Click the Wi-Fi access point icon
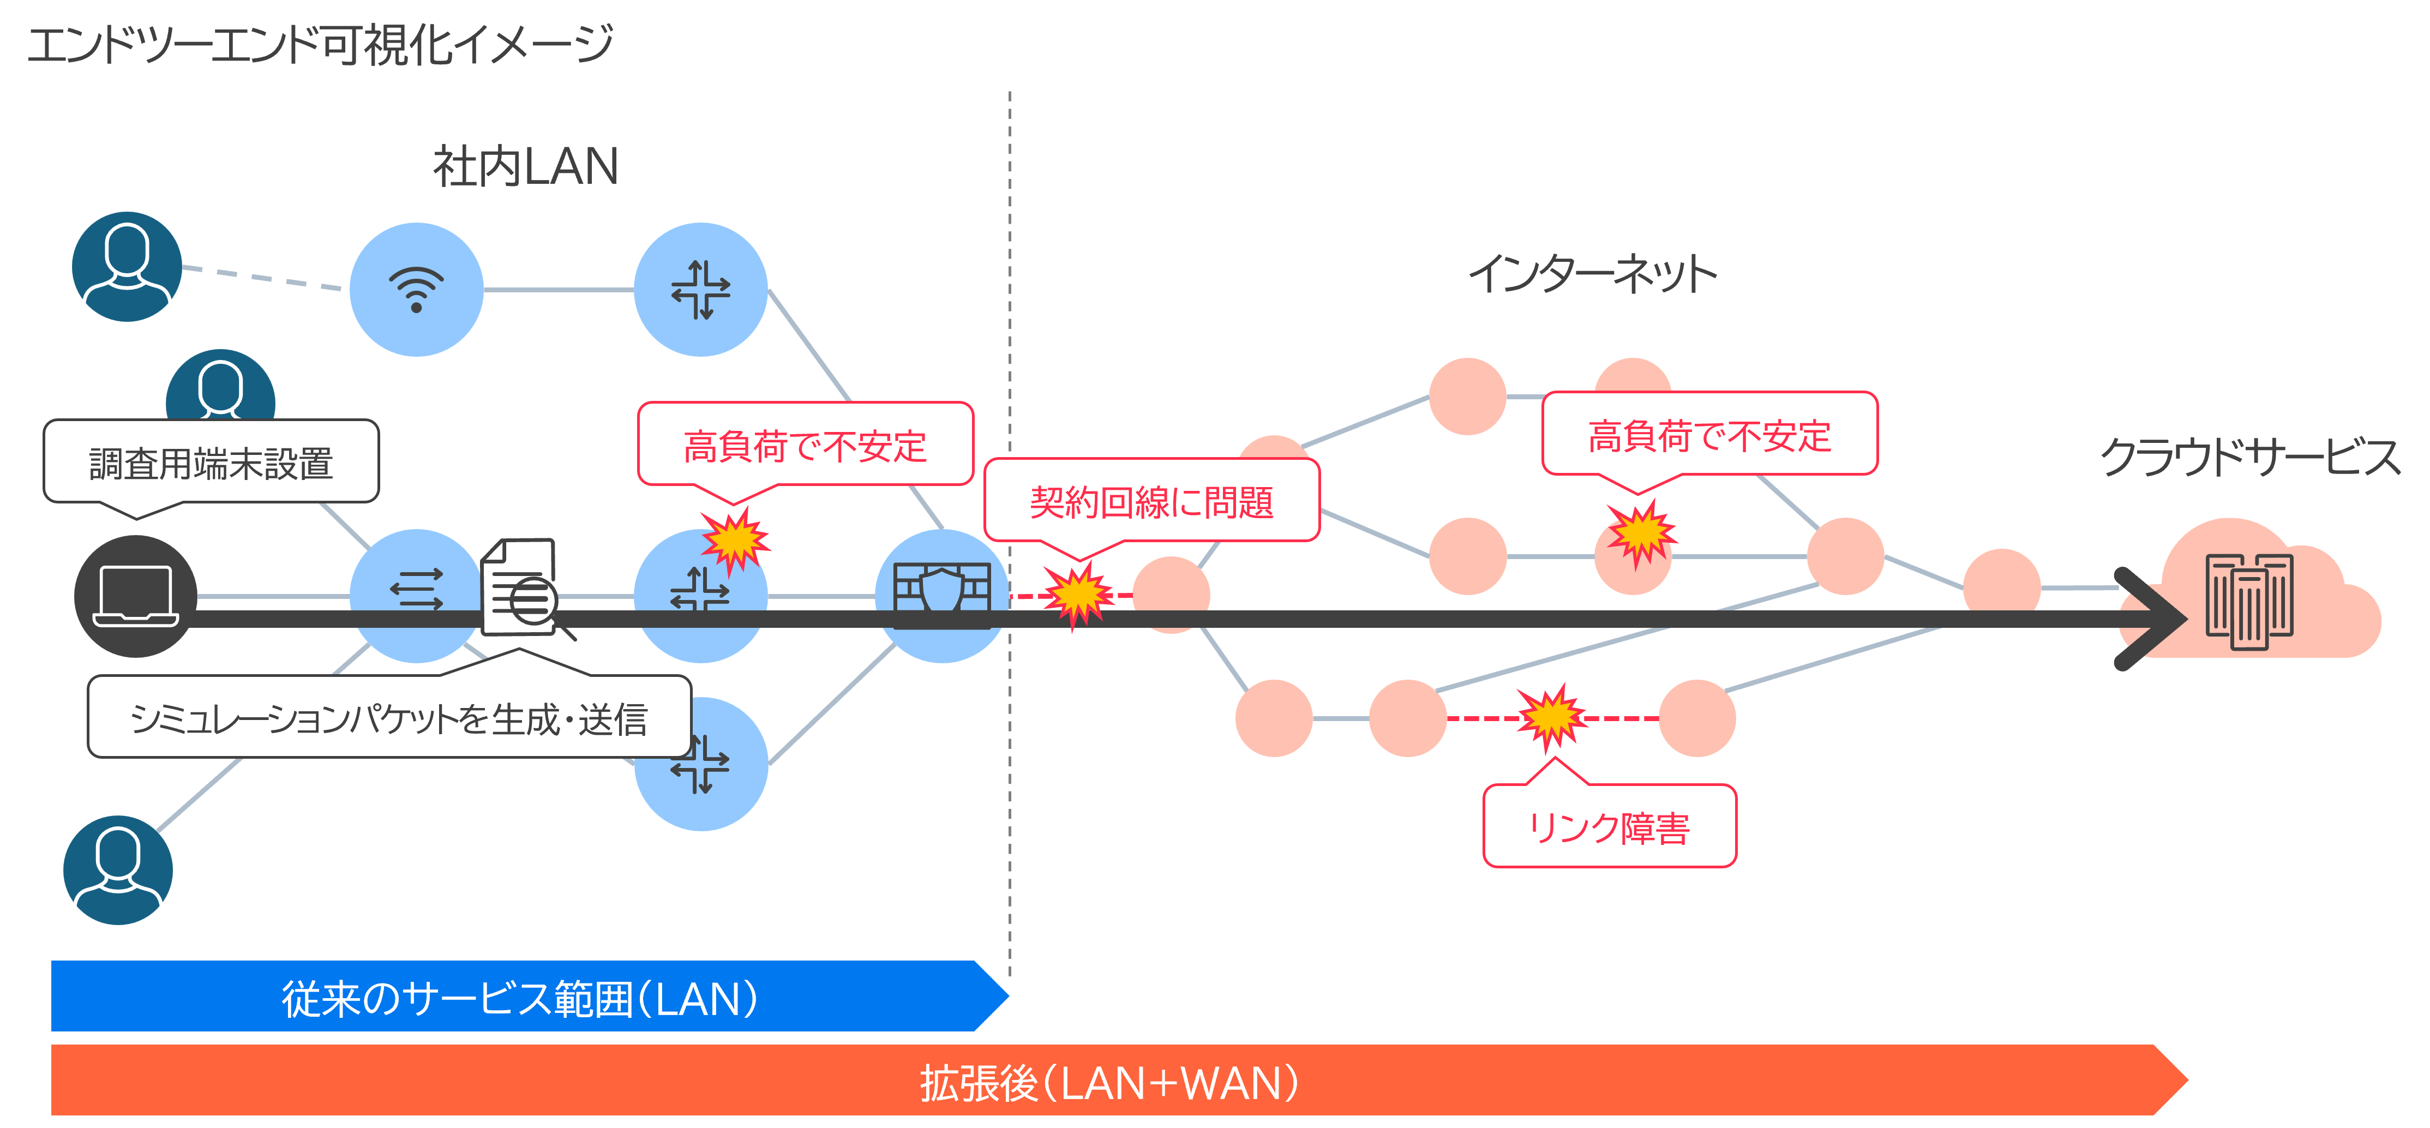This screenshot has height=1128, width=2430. click(x=416, y=290)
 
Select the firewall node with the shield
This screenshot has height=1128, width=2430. click(x=941, y=594)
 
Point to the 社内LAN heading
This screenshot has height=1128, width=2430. click(x=525, y=167)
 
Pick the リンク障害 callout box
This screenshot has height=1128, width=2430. click(x=1609, y=827)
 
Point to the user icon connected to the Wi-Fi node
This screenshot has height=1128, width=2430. click(x=127, y=266)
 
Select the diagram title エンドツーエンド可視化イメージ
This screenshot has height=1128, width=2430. click(x=321, y=44)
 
